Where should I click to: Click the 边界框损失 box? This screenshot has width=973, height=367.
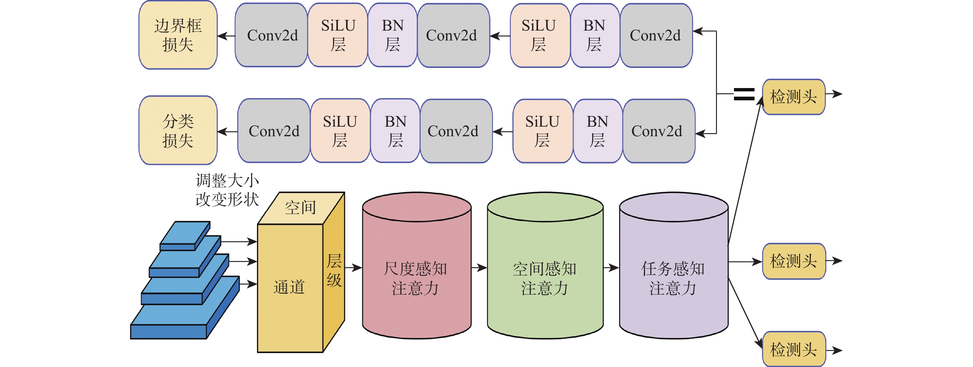point(178,35)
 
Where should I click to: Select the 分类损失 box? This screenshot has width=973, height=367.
point(178,131)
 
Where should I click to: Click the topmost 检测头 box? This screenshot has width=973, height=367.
point(794,97)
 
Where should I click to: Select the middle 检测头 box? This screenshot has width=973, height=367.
point(794,261)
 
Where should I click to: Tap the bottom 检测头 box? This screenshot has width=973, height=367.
point(794,349)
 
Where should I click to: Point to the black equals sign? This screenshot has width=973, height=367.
point(744,94)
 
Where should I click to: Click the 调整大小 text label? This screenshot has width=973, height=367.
point(227,180)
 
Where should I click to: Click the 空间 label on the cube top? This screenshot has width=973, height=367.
point(300,208)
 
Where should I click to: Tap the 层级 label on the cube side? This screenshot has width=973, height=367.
point(334,270)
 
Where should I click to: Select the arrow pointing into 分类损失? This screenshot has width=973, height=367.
point(227,132)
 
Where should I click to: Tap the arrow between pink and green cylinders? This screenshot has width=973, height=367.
point(479,268)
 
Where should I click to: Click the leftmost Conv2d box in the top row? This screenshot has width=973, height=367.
point(272,36)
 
